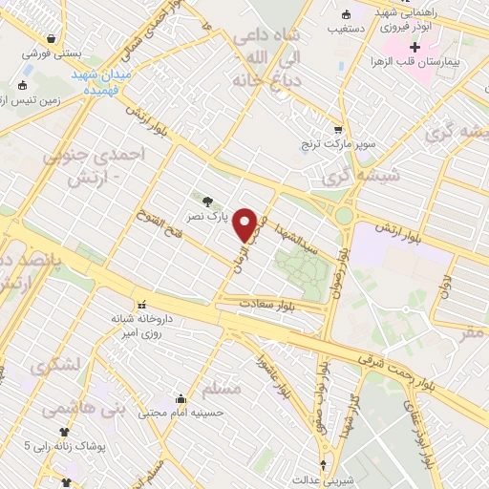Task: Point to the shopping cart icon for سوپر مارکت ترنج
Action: point(337,129)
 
